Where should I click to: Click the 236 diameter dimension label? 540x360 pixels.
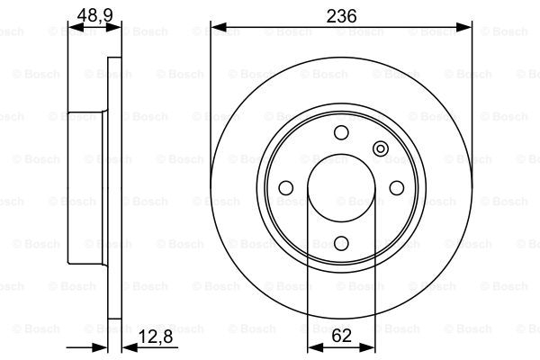[x=340, y=15]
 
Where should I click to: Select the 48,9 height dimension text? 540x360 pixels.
[x=94, y=15]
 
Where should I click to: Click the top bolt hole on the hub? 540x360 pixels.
[x=340, y=133]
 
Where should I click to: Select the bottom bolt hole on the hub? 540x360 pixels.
[x=340, y=242]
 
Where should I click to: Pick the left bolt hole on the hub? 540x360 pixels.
[x=286, y=188]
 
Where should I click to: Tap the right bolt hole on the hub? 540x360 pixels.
[x=395, y=188]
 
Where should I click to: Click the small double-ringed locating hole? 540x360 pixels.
[x=380, y=148]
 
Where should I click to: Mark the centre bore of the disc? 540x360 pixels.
[x=340, y=188]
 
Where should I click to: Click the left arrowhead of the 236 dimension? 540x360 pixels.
[x=216, y=28]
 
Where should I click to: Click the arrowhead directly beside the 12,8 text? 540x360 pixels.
[x=127, y=346]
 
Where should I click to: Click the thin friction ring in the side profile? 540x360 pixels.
[x=113, y=188]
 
